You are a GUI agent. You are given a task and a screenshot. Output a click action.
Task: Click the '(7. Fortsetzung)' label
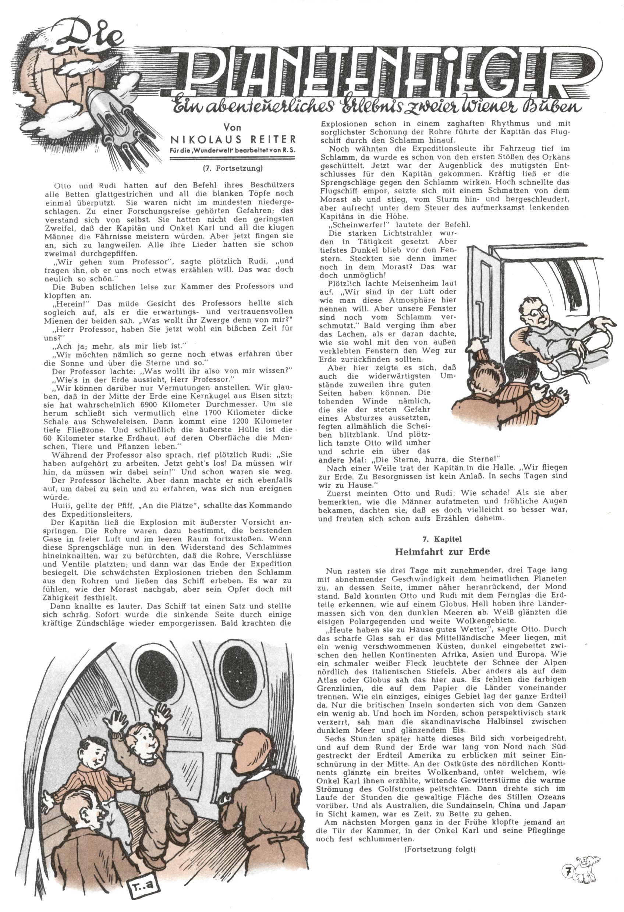[233, 168]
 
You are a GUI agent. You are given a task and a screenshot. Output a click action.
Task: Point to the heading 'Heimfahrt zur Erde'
[442, 551]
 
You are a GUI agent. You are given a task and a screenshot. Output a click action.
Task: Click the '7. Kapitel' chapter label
[442, 539]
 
